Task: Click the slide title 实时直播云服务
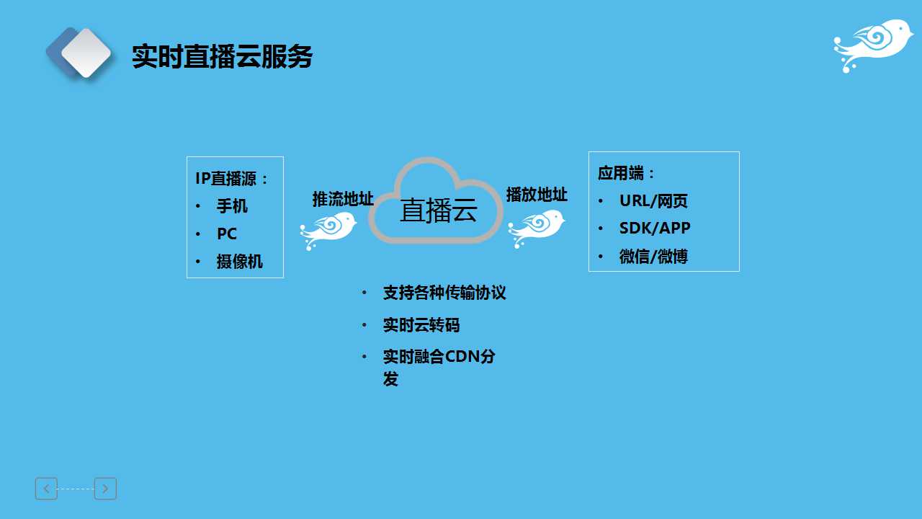pos(222,56)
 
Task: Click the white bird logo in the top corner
pos(872,45)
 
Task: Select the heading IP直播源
pos(225,179)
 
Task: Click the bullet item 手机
pos(232,206)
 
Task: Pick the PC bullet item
pos(227,234)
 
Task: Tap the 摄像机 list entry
pos(240,262)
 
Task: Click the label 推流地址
pos(343,199)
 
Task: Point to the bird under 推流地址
pos(328,230)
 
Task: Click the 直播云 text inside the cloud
pos(439,210)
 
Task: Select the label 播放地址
pos(537,195)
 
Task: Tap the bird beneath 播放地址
pos(536,228)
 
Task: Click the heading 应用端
pos(621,173)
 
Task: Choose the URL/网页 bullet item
pos(653,201)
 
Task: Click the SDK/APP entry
pos(655,229)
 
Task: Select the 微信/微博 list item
pos(653,256)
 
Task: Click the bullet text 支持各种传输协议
pos(444,293)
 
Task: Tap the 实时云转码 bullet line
pos(421,325)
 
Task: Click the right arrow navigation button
pos(105,489)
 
